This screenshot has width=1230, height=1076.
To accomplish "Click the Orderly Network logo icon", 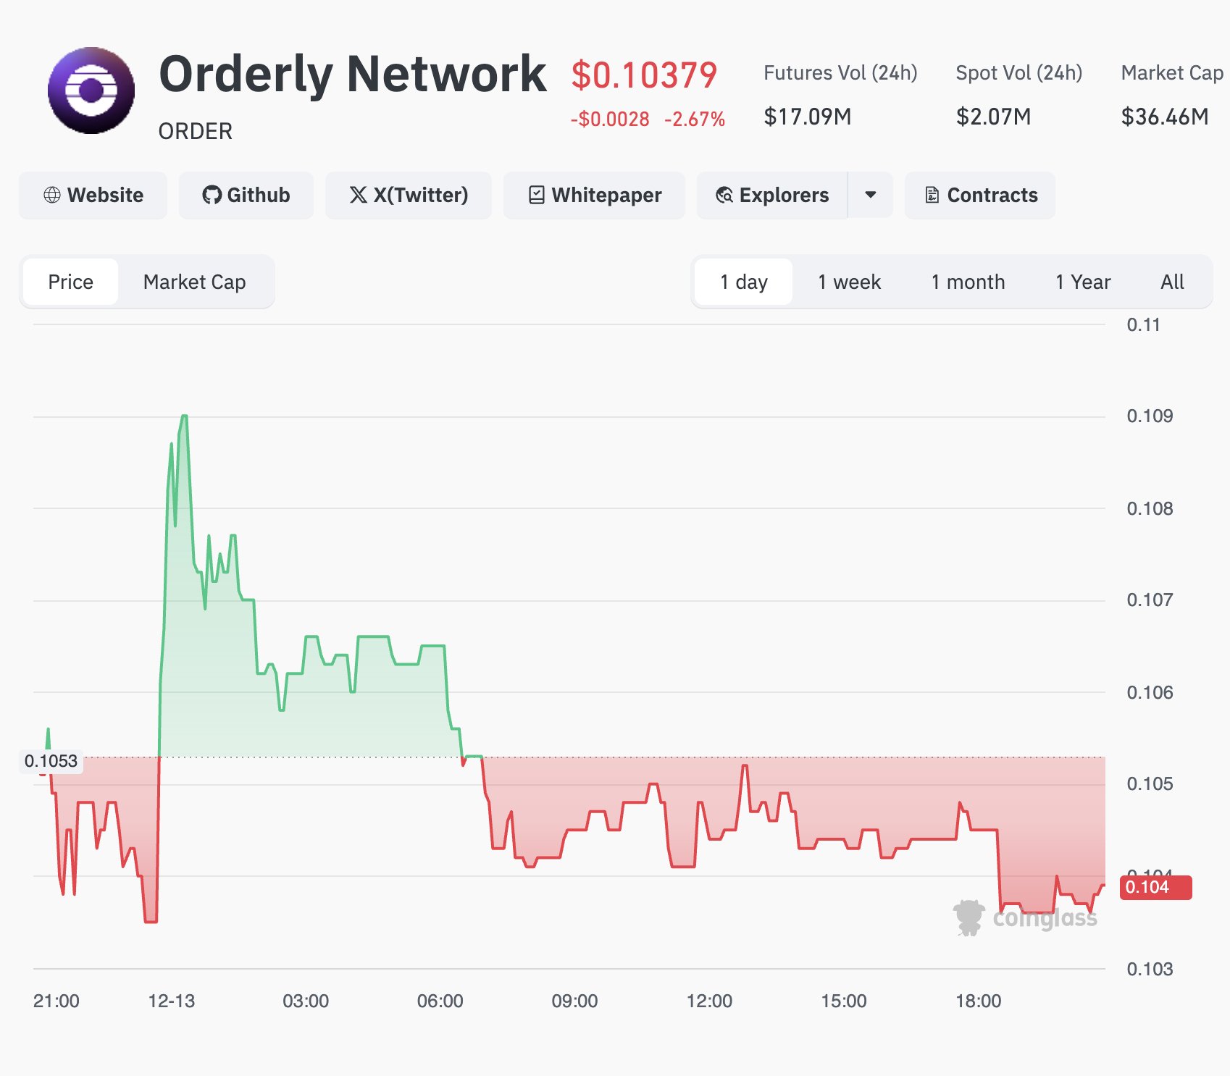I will [x=91, y=91].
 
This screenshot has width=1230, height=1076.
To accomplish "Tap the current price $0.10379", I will [x=644, y=75].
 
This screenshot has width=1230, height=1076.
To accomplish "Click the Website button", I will [x=93, y=196].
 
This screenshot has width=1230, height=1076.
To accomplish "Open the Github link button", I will [x=246, y=196].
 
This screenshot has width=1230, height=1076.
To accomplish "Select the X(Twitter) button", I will [x=409, y=196].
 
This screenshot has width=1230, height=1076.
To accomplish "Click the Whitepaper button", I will [x=594, y=196].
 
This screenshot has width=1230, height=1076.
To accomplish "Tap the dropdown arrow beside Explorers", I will [x=871, y=196].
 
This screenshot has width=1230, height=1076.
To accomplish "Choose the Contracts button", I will [x=980, y=196].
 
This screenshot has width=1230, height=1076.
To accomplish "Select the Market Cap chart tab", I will [x=194, y=282].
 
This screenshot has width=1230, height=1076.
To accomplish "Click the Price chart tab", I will [x=70, y=282].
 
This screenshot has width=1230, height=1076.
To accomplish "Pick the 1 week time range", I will [x=849, y=282].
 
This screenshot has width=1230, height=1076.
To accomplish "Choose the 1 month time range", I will [x=968, y=282].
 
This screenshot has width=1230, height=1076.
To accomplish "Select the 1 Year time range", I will [x=1082, y=282].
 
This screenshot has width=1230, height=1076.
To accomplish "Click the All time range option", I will [x=1172, y=282].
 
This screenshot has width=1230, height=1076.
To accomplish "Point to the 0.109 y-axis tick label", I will [x=1150, y=416].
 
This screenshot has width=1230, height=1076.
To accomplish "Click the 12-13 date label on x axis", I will [x=171, y=1001].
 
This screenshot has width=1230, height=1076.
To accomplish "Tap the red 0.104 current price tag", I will [x=1155, y=887].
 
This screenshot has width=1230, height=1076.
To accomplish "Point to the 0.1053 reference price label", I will [x=51, y=761].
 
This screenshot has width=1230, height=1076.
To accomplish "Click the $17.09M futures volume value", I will [x=807, y=117].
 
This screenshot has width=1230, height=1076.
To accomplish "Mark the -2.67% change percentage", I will [x=694, y=119].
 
